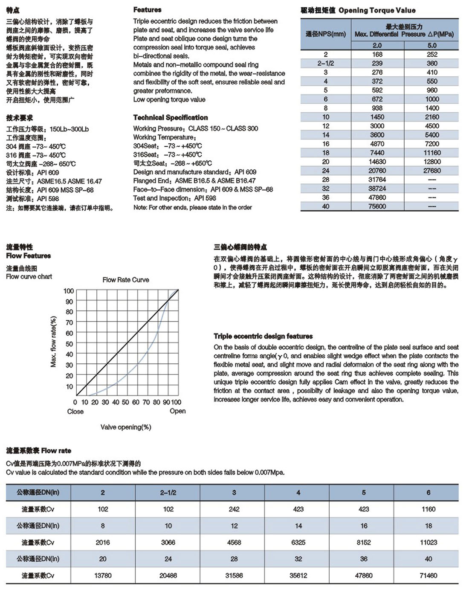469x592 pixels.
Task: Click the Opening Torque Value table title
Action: coord(358,10)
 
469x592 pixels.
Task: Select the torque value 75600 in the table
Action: coord(377,206)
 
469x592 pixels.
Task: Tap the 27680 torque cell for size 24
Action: coord(431,171)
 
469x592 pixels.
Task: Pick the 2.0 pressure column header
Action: coord(377,45)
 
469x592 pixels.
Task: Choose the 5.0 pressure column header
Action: coord(431,45)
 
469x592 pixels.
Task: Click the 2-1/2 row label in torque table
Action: coord(325,63)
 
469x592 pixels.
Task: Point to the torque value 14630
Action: coord(377,162)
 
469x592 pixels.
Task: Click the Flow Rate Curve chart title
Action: coord(126,280)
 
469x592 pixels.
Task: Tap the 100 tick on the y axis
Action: coord(69,291)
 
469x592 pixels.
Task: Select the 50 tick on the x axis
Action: coord(125,402)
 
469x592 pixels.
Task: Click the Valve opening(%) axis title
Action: coord(126,427)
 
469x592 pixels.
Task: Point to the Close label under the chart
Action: coord(75,412)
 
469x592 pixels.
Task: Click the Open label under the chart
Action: coord(177,411)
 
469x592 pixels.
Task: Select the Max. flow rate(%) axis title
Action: coord(53,342)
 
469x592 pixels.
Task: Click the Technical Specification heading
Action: coord(171,117)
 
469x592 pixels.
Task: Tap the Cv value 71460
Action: coord(428,575)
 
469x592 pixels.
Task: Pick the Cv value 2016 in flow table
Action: coord(103,543)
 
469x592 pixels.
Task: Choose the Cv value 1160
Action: coord(428,509)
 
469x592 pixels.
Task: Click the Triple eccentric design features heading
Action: coord(263,336)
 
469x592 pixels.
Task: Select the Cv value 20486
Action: coord(168,575)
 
